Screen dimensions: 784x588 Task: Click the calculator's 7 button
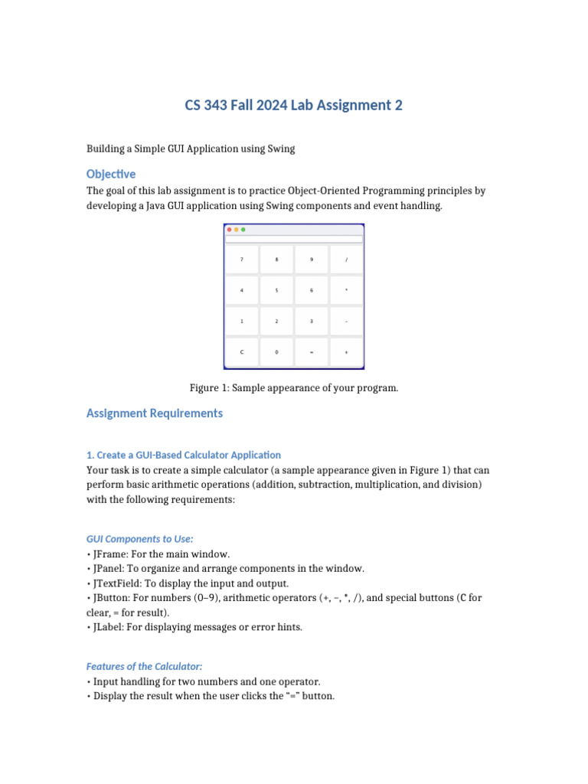[x=242, y=260]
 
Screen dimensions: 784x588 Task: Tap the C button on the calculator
[x=242, y=352]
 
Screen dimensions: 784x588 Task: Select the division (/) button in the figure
[x=346, y=260]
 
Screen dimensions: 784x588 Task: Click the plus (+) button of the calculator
[x=346, y=352]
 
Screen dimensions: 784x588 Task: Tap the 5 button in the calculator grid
[x=276, y=290]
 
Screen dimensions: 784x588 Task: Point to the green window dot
[x=243, y=230]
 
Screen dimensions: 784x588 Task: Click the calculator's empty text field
[x=293, y=239]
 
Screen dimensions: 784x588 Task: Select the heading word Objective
[x=111, y=174]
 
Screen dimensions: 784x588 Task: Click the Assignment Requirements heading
[x=155, y=413]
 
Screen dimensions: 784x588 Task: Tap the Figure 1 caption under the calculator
[x=294, y=388]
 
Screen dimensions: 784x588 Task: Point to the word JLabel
[x=106, y=628]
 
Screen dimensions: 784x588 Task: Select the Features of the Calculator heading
[x=145, y=666]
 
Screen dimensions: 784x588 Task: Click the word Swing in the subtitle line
[x=280, y=149]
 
